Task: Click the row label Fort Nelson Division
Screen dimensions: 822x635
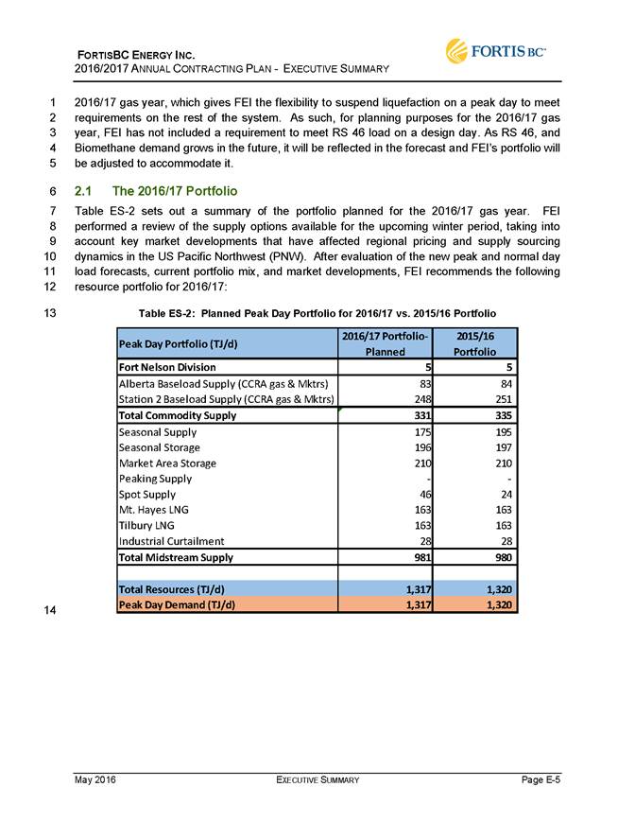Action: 167,366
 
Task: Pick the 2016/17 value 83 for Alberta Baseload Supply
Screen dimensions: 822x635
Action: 421,383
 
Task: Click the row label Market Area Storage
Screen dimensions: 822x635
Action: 167,463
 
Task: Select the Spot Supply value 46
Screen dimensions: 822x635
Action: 421,494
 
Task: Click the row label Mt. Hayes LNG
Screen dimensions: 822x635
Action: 152,510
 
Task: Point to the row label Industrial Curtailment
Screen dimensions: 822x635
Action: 171,541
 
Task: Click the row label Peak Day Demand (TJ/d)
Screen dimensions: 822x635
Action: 176,603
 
